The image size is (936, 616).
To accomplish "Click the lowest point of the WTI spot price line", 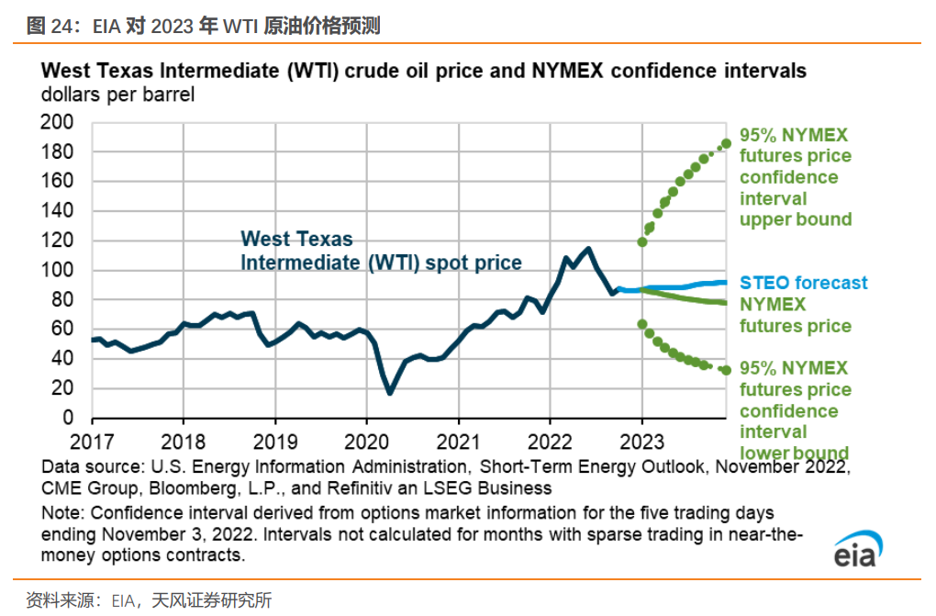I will [x=390, y=393].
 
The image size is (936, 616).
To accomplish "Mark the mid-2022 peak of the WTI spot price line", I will [x=587, y=249].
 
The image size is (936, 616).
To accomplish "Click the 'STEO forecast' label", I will [x=803, y=283].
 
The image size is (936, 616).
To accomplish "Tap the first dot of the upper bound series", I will [x=642, y=242].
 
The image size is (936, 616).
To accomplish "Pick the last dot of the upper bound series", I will [x=726, y=142].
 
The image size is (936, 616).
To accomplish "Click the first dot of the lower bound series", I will [x=642, y=324].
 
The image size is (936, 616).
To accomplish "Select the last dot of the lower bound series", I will [x=726, y=370].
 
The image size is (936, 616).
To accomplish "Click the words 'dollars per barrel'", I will [x=117, y=95].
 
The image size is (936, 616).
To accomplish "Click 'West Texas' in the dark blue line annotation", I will [x=296, y=239].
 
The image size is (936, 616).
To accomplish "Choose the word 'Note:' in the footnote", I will [x=65, y=511].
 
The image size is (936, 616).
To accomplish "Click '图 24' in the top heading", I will [x=50, y=27].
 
